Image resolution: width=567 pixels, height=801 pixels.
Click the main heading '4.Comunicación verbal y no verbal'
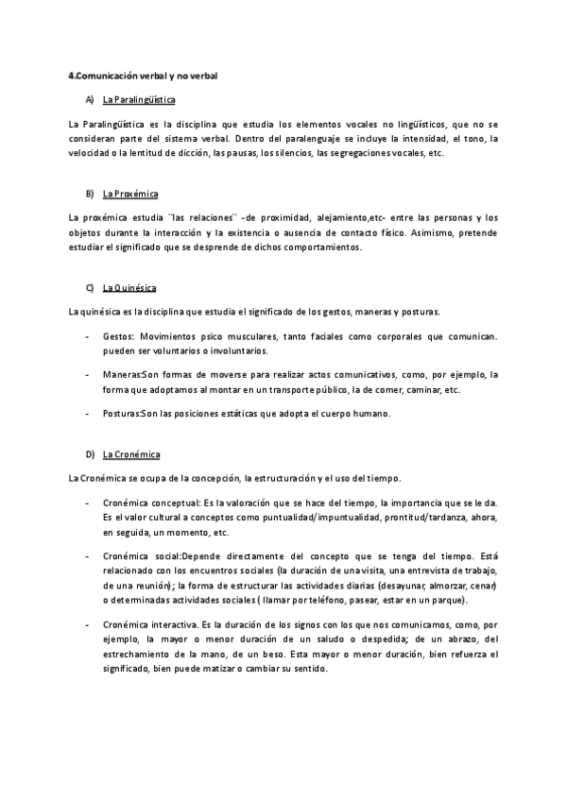(x=143, y=75)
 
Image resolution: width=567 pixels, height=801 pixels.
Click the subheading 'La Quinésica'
(x=129, y=287)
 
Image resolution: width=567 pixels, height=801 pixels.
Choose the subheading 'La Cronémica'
(x=130, y=453)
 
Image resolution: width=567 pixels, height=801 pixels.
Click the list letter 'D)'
(x=90, y=453)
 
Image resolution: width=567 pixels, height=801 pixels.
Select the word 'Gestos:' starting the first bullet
(x=118, y=335)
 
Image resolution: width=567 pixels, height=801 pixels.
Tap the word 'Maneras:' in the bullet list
(x=121, y=374)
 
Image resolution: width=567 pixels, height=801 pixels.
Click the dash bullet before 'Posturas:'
(x=88, y=414)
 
